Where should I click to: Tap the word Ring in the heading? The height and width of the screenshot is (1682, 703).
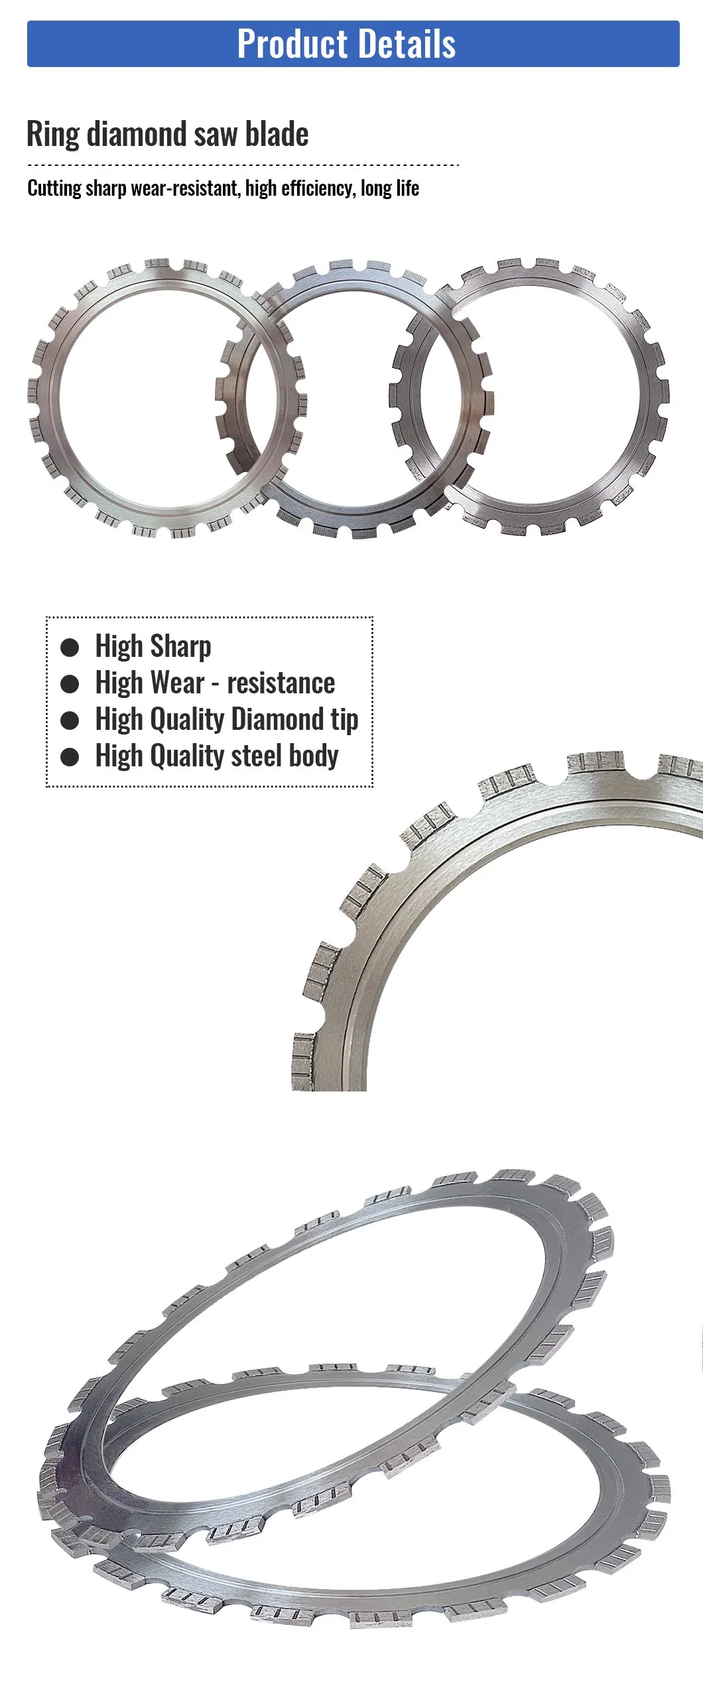click(x=53, y=134)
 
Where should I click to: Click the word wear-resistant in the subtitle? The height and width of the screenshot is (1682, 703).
click(x=184, y=188)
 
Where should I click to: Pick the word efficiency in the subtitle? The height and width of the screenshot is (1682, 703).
click(x=318, y=188)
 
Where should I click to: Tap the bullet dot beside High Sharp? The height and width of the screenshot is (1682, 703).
click(x=70, y=648)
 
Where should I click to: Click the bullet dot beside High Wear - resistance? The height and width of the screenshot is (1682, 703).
click(x=70, y=684)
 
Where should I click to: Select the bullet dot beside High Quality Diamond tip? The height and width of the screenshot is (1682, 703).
click(x=70, y=721)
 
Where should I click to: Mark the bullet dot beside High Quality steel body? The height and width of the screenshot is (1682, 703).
click(x=70, y=757)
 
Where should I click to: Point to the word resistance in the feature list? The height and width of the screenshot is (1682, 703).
click(x=281, y=683)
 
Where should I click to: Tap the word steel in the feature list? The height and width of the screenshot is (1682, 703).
click(x=255, y=756)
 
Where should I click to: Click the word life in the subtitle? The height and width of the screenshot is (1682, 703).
click(x=407, y=188)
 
